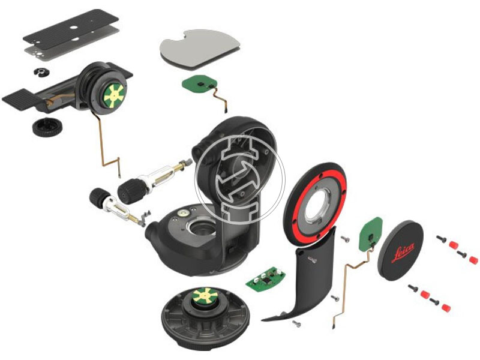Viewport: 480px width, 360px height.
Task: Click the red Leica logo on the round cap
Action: pyautogui.click(x=403, y=252)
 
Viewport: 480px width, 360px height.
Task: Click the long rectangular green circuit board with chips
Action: pyautogui.click(x=265, y=278)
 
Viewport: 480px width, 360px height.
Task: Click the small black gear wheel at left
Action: pyautogui.click(x=47, y=128)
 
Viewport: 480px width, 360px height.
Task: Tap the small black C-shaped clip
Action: pyautogui.click(x=41, y=73)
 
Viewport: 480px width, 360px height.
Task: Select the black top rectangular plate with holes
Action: pyautogui.click(x=71, y=29)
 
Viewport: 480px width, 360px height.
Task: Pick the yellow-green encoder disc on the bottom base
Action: pyautogui.click(x=205, y=295)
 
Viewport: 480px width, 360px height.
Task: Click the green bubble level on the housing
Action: pyautogui.click(x=184, y=212)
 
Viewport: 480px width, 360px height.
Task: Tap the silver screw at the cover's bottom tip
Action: pyautogui.click(x=296, y=323)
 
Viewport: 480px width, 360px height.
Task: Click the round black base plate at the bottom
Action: pyautogui.click(x=206, y=319)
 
